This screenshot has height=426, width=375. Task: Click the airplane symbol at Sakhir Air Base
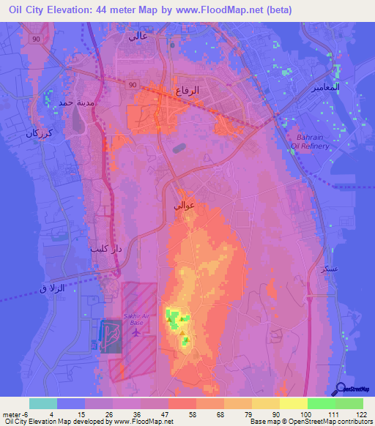coord(137,333)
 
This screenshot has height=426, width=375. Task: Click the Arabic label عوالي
coord(184,207)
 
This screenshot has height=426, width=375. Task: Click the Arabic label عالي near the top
coord(138,34)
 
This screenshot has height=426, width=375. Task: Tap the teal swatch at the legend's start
coord(43,403)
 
